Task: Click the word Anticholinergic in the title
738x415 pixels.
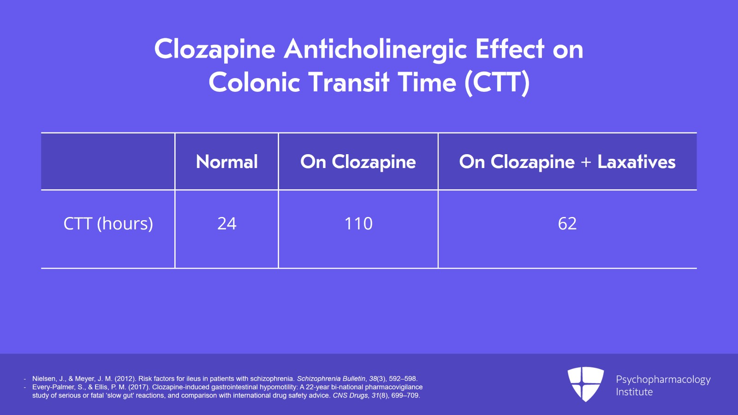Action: pyautogui.click(x=375, y=49)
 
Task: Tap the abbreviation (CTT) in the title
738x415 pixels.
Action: pyautogui.click(x=497, y=83)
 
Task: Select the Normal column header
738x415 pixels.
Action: pyautogui.click(x=226, y=162)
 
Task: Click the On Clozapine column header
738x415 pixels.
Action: pyautogui.click(x=358, y=162)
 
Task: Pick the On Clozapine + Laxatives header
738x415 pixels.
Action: pyautogui.click(x=567, y=162)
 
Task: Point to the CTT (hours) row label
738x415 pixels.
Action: pyautogui.click(x=108, y=223)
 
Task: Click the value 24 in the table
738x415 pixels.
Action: pyautogui.click(x=226, y=223)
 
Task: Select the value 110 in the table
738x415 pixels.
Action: pyautogui.click(x=358, y=223)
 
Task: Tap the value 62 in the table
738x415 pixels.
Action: pyautogui.click(x=567, y=223)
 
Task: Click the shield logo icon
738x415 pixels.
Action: pyautogui.click(x=586, y=384)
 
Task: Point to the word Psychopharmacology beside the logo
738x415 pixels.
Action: pyautogui.click(x=663, y=380)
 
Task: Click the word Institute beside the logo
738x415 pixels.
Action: pyautogui.click(x=634, y=392)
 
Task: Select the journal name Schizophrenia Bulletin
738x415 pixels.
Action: pyautogui.click(x=331, y=379)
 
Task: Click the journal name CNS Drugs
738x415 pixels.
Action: pyautogui.click(x=350, y=395)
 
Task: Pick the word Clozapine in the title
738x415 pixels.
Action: pyautogui.click(x=214, y=49)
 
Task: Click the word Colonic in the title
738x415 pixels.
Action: pyautogui.click(x=254, y=83)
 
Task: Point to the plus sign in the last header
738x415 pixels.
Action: pyautogui.click(x=586, y=162)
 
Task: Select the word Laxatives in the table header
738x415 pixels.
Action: pyautogui.click(x=637, y=162)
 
